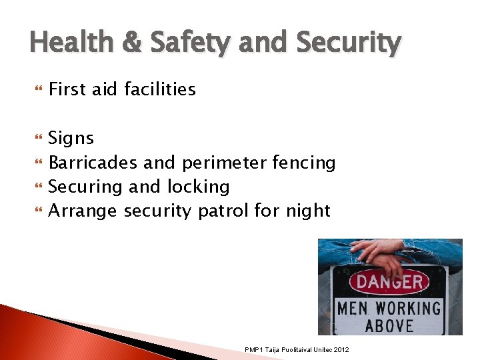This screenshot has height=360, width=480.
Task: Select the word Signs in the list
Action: (71, 138)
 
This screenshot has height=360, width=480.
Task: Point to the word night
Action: (306, 211)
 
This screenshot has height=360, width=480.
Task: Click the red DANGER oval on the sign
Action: (389, 281)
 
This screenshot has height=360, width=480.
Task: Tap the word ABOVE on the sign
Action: (390, 325)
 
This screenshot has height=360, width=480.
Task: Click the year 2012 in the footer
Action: (341, 350)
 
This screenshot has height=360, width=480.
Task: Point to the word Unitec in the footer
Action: (319, 350)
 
